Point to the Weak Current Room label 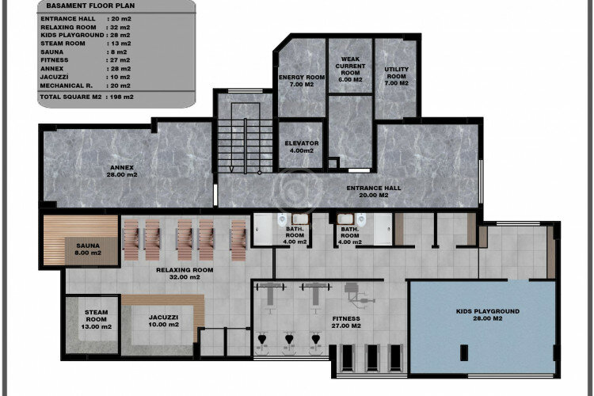[x=349, y=69]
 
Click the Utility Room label [x=396, y=75]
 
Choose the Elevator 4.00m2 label [x=301, y=147]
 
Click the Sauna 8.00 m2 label [x=88, y=249]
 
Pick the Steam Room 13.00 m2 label [x=96, y=319]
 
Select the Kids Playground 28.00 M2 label [x=488, y=315]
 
